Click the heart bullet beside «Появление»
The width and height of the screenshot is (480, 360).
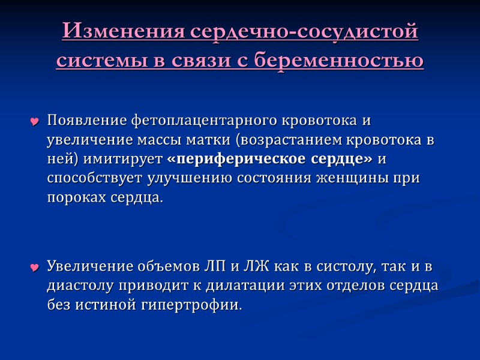(35, 123)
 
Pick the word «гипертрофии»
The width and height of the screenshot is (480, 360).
(190, 305)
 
